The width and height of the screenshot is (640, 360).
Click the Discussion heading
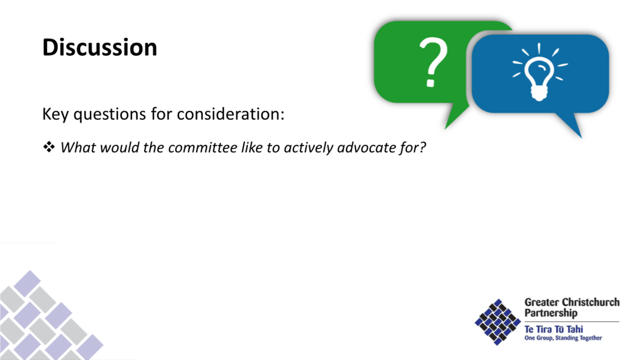pos(100,47)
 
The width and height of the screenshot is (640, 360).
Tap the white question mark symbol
pos(433,62)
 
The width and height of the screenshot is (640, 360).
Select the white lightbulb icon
pos(540,72)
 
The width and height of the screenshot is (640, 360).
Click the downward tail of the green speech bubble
pos(454,116)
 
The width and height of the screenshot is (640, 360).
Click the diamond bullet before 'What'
pos(49,147)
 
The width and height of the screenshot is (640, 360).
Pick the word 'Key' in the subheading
pos(55,114)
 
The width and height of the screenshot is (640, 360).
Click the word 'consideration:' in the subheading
pos(231,114)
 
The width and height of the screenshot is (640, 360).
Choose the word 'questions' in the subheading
pos(110,115)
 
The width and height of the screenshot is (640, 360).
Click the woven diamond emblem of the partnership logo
pos(498,322)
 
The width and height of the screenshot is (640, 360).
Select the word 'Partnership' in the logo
pos(551,313)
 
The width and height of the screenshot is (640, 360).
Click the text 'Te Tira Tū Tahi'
pos(553,329)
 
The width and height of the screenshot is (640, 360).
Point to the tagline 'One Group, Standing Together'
pos(563,338)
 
